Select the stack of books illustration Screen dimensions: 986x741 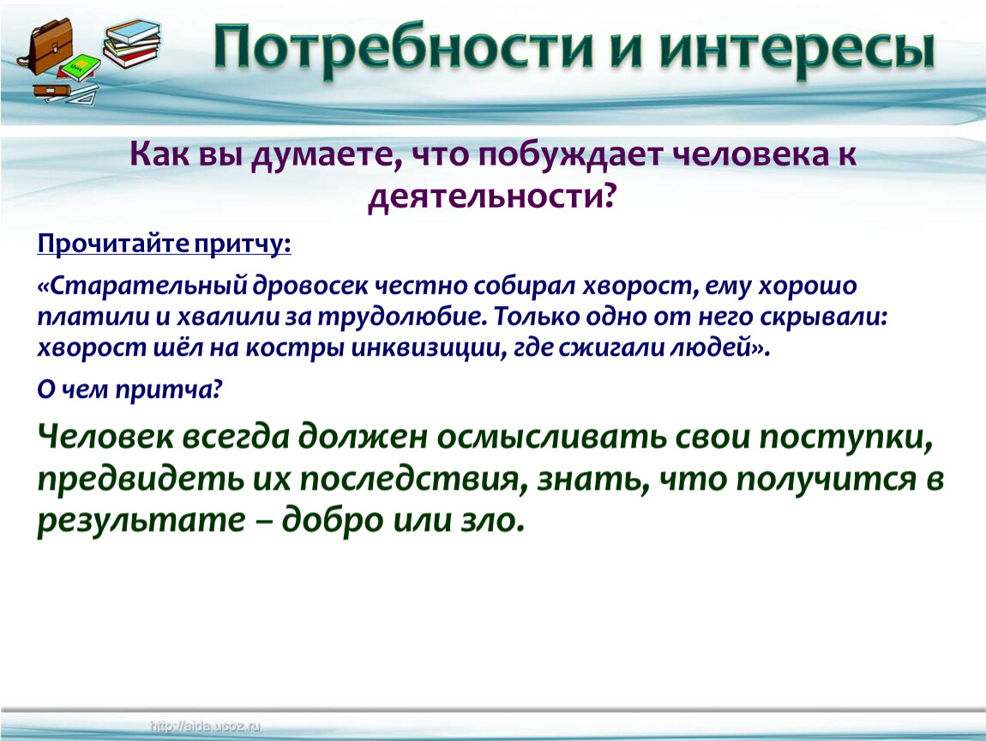click(x=131, y=43)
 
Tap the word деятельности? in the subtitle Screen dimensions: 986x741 click(x=490, y=197)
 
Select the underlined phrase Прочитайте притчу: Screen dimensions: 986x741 click(x=164, y=244)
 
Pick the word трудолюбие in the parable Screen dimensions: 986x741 click(x=401, y=317)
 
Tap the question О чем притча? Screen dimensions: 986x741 click(x=130, y=390)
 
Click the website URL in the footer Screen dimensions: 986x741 click(x=205, y=727)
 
